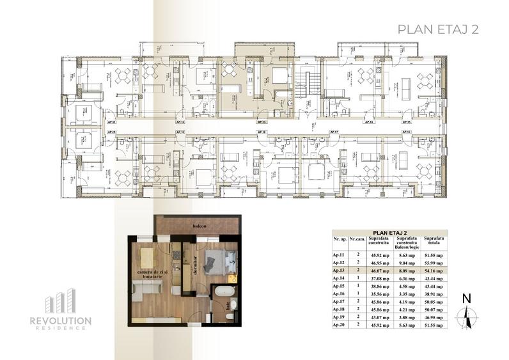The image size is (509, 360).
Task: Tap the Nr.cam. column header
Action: pos(357,239)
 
